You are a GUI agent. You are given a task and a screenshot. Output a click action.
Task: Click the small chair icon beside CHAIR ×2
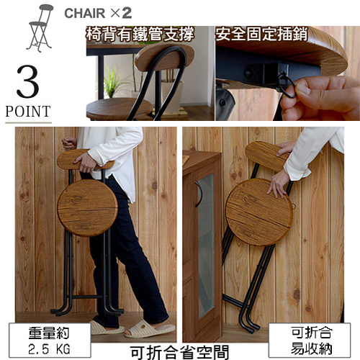point(40,27)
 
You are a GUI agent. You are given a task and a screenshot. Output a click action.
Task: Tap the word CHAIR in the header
point(85,13)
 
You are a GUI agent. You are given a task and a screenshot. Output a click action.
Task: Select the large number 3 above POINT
point(28,81)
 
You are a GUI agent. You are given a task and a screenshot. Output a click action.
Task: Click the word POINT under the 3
point(28,111)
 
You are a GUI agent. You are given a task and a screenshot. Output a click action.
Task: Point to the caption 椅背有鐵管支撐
point(140,35)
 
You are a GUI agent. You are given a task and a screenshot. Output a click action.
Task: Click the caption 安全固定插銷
point(261,34)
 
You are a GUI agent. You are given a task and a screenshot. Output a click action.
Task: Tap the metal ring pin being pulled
point(287,84)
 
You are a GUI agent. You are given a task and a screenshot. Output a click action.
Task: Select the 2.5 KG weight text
point(49,348)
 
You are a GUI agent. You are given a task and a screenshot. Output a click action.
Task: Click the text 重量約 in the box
point(49,333)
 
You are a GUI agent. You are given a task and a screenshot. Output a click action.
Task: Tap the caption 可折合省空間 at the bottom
point(179,352)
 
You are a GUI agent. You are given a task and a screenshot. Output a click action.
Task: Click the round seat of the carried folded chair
point(88,208)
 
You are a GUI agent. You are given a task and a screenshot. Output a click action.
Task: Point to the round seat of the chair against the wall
point(259,212)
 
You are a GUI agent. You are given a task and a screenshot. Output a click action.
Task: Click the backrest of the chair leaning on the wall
point(266,156)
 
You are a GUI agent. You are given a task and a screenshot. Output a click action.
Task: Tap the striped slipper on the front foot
point(150,329)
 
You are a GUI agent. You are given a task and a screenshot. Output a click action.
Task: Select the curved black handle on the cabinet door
point(198,194)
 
